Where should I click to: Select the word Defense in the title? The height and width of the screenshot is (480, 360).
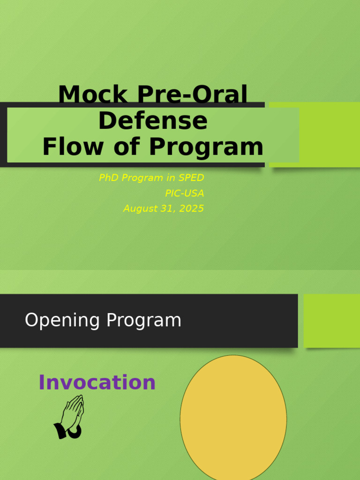(153, 121)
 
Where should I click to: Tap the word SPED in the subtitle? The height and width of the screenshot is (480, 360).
(191, 178)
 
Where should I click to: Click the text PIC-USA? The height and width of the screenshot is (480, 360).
(184, 193)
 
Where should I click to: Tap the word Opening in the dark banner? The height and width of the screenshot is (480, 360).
(62, 321)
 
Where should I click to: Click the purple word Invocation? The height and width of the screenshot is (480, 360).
(97, 382)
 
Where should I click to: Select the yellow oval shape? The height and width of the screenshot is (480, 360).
(233, 417)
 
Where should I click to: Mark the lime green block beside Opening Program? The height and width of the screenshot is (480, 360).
(332, 321)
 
